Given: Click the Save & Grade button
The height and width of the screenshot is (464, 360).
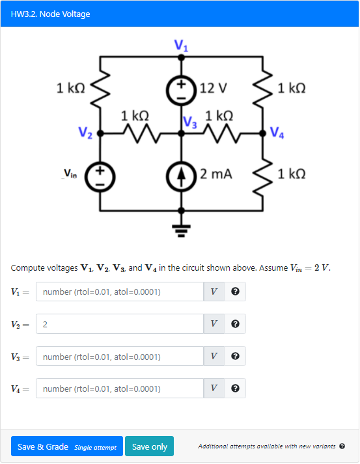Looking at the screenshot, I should point(66,446).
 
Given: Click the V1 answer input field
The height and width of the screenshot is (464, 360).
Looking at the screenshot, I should point(120,292).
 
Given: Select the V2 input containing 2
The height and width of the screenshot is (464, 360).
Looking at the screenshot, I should point(120,324).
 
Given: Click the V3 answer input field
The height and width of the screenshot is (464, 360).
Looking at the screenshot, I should point(120,357).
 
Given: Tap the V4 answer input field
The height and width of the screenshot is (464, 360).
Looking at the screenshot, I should point(120,389).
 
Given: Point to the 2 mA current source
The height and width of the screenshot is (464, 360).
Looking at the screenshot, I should point(182,174).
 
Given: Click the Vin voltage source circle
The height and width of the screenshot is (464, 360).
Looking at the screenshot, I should point(100,174).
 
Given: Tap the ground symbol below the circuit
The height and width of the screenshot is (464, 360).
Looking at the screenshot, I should point(182,229).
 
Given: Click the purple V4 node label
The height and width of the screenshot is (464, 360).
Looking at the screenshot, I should point(276,134).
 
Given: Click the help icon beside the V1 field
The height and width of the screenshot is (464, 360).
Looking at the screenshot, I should point(235,292).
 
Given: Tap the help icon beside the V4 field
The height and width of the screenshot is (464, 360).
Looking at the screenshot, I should point(235,389).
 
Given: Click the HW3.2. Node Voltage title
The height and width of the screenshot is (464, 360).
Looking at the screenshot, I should point(51,14).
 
